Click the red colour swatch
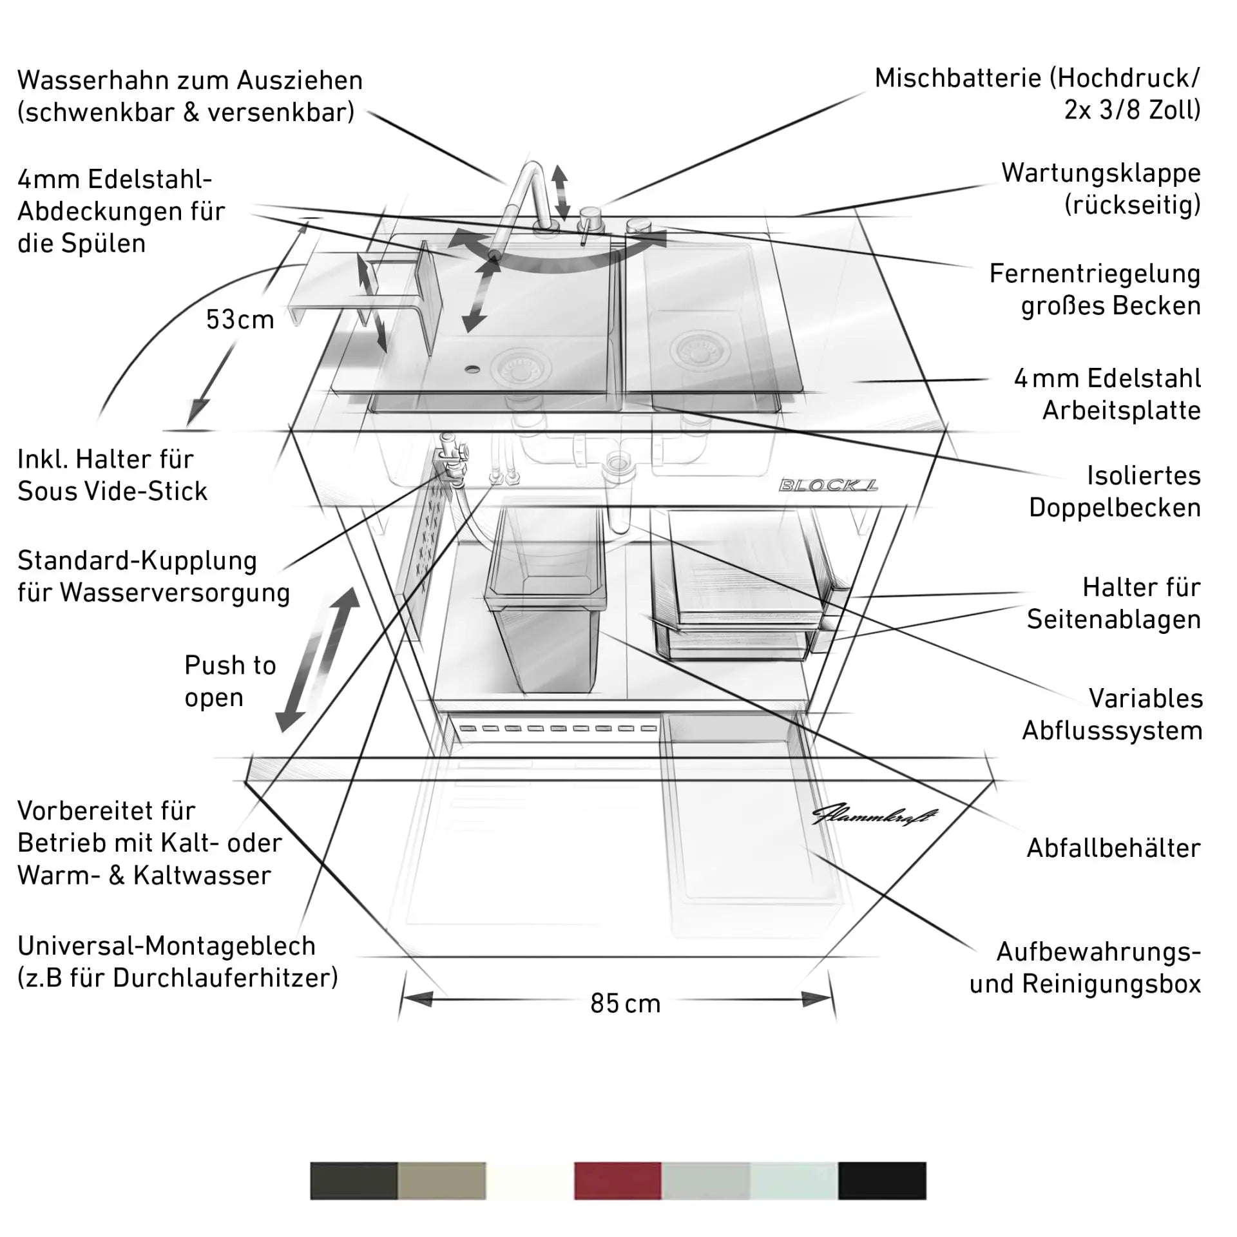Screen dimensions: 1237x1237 (617, 1181)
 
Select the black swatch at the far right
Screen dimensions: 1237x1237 (882, 1181)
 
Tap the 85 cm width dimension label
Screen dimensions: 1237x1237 (625, 1004)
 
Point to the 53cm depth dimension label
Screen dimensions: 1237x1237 (240, 320)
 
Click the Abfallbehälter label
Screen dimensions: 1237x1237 (1113, 848)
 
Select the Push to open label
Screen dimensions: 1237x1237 (230, 681)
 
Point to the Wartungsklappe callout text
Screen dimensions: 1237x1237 (1100, 189)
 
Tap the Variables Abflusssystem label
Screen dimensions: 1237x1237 (1113, 714)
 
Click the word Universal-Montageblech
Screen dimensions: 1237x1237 (166, 946)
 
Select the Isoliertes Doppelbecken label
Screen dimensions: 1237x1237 (1115, 492)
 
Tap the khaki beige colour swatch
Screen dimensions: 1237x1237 (441, 1181)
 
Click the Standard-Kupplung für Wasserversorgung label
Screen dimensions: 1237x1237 (153, 577)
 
